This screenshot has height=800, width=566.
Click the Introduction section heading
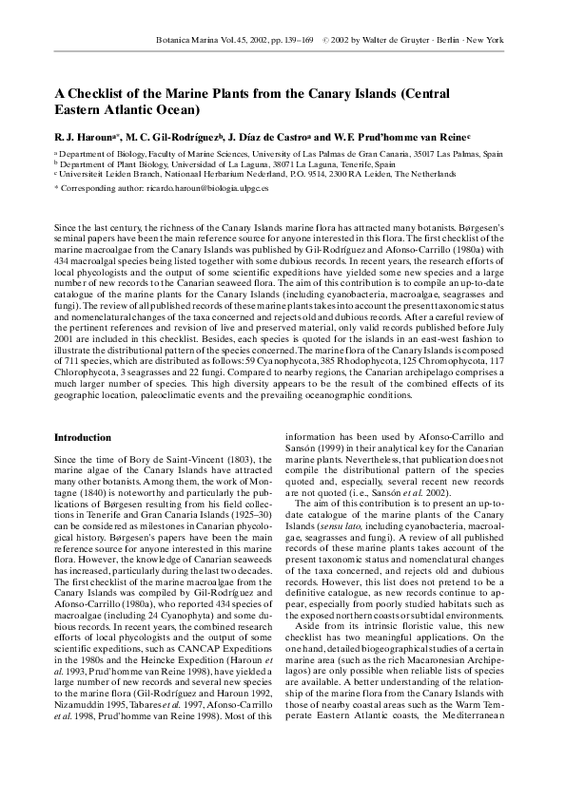click(83, 437)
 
